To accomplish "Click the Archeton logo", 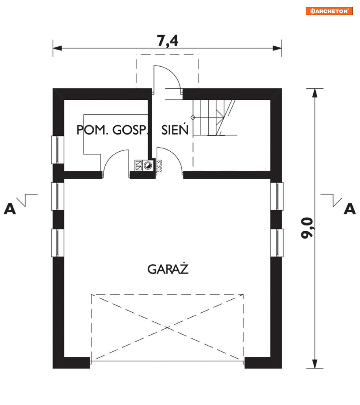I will click(x=329, y=11).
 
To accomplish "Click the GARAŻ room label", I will click(x=169, y=269).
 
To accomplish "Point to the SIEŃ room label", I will click(x=175, y=130).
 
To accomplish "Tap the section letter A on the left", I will click(x=10, y=209).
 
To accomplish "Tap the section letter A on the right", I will click(x=350, y=209).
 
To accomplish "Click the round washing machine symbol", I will click(x=148, y=165).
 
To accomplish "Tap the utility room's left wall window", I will click(x=58, y=149).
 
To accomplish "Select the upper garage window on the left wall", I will click(x=58, y=196).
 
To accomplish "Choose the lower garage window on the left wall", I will click(x=58, y=242).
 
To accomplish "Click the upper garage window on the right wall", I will click(x=277, y=196).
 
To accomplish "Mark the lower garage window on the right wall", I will click(x=277, y=242).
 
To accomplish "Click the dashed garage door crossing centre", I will click(x=167, y=327).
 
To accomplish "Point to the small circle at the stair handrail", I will click(x=193, y=117).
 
